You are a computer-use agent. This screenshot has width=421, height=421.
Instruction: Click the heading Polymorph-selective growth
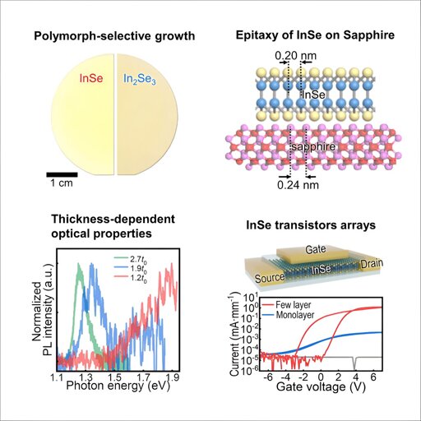click(114, 36)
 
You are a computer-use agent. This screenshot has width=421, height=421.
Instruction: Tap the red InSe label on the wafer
click(91, 78)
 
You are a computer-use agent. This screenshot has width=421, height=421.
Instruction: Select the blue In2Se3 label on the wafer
click(140, 79)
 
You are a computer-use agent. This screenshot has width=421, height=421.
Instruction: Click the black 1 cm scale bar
click(62, 174)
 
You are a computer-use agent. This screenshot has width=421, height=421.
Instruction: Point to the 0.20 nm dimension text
click(295, 56)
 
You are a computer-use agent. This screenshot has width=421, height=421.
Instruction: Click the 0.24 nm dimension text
click(298, 185)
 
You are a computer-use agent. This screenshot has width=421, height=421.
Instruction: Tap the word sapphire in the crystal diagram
click(313, 146)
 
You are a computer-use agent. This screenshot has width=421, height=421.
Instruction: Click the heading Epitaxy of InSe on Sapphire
click(315, 35)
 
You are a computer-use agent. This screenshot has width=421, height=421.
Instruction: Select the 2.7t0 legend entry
click(132, 258)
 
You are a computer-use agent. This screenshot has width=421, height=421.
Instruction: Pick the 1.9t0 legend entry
click(132, 268)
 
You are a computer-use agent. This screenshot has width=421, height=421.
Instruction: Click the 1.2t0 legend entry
click(132, 278)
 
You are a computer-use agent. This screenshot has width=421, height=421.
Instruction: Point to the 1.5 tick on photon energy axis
click(114, 377)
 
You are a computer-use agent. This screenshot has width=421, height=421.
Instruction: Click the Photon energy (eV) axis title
click(118, 386)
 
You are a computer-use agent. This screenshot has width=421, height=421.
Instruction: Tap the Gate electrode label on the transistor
click(316, 249)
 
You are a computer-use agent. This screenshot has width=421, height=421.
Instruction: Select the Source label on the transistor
click(270, 278)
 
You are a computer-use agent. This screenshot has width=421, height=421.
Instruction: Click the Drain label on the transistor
click(372, 263)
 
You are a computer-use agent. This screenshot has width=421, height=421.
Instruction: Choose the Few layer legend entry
click(286, 304)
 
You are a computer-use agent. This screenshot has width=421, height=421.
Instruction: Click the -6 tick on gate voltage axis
click(268, 377)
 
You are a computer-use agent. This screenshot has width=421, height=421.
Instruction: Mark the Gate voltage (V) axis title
click(321, 386)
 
